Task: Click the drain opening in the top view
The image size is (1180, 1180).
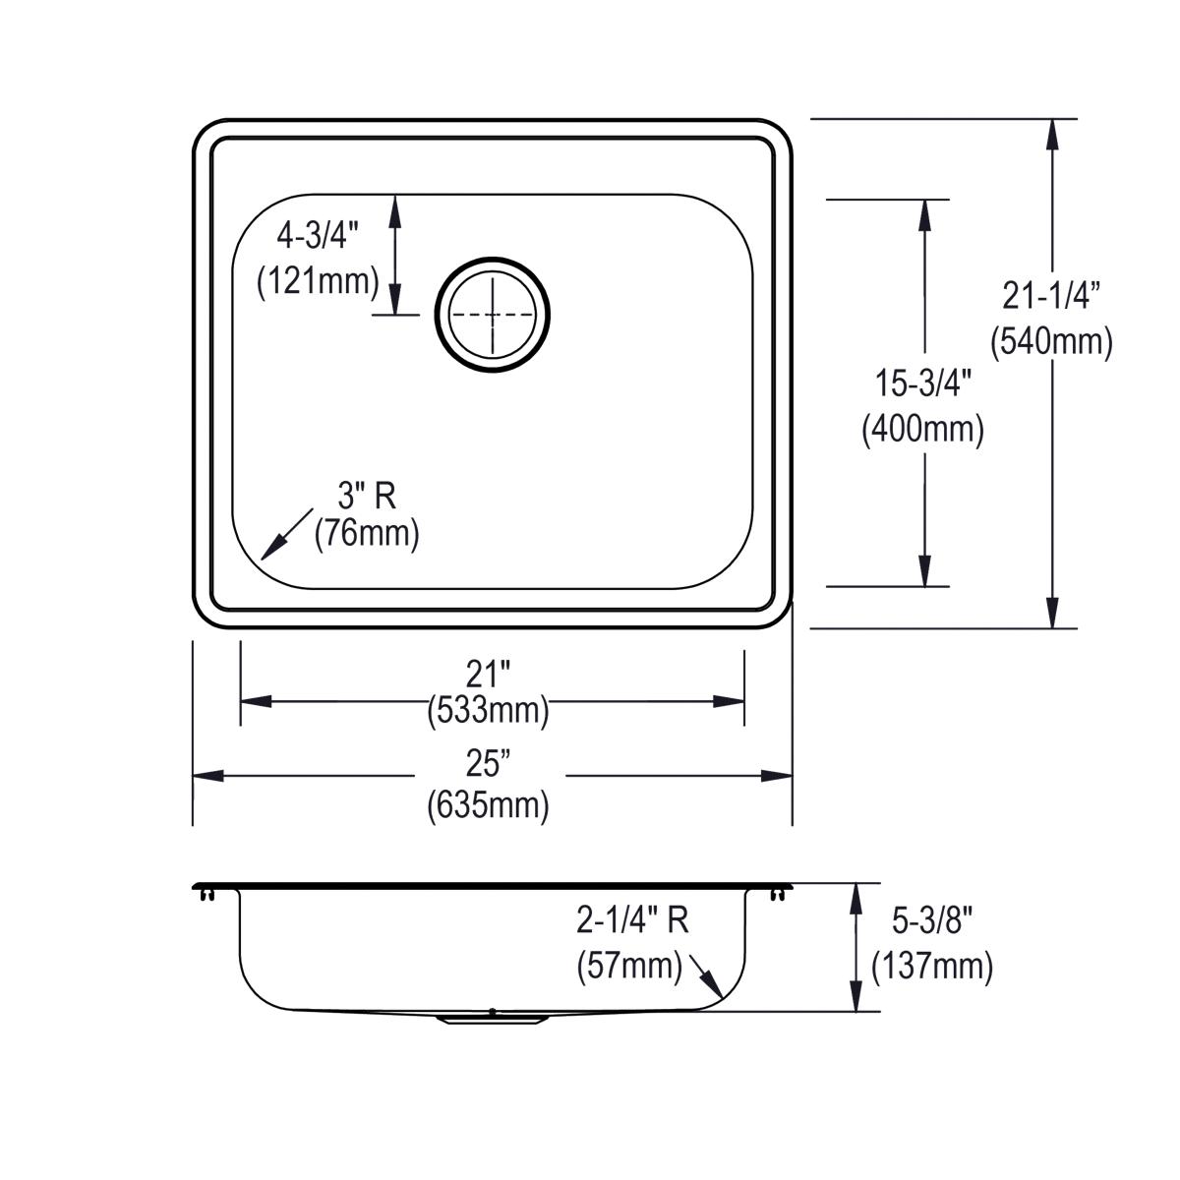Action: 493,315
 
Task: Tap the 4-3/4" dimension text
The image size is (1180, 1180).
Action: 318,235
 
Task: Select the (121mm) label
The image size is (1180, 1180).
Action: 318,282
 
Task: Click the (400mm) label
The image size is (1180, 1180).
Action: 923,429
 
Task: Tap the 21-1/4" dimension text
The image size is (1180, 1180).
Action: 1051,292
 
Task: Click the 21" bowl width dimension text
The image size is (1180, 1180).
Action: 489,674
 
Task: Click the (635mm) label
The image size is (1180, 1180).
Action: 489,805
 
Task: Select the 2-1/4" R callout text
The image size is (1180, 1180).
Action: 632,920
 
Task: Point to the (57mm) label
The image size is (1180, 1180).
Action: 629,966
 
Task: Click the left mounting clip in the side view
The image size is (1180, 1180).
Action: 206,894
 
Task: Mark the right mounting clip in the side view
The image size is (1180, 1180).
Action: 778,894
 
